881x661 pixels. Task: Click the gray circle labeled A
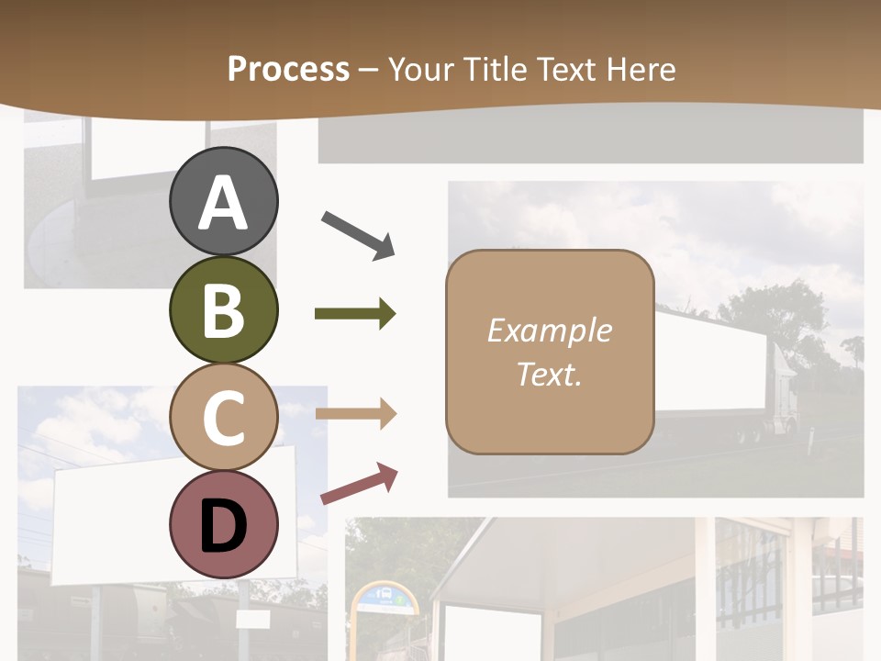[223, 202]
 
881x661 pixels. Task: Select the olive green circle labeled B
[223, 310]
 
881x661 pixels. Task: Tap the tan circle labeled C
[223, 418]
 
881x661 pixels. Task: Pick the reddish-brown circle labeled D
[223, 525]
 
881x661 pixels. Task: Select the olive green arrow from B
[355, 314]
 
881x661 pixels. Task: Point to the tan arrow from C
[355, 414]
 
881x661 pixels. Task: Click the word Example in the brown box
[549, 330]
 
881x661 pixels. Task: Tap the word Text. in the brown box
[549, 375]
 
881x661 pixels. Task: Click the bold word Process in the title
[288, 69]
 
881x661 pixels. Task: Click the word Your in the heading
[420, 69]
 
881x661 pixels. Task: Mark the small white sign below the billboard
[251, 620]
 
